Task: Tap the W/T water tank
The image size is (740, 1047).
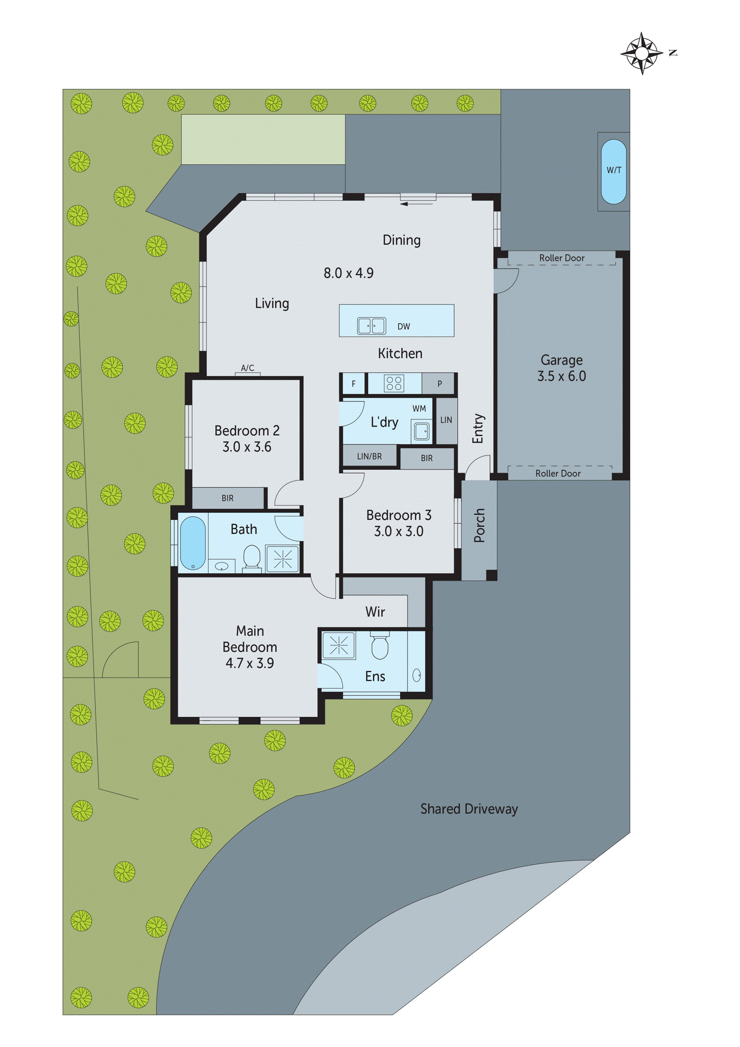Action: coord(613,171)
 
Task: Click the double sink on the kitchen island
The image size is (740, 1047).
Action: coord(371,326)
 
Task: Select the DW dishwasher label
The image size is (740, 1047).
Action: coord(404,327)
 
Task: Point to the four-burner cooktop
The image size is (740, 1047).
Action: coord(394,383)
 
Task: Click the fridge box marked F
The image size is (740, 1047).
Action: coord(354,384)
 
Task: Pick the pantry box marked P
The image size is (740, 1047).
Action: coord(439,384)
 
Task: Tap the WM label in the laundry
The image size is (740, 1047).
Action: coord(419,409)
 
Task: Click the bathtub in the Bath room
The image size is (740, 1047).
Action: coord(192,543)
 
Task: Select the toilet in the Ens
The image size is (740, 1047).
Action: coord(379,646)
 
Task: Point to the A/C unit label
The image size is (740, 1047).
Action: coord(247,368)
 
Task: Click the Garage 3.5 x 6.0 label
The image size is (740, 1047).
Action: coord(561,368)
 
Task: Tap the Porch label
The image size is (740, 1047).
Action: coord(479,525)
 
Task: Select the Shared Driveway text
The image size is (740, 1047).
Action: coord(469,809)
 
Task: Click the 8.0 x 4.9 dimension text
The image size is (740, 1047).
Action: coord(348,273)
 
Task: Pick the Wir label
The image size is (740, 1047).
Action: coord(375,612)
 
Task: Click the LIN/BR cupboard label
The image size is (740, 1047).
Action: coord(369,456)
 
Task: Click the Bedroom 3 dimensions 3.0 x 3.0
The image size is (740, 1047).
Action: coord(398,531)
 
